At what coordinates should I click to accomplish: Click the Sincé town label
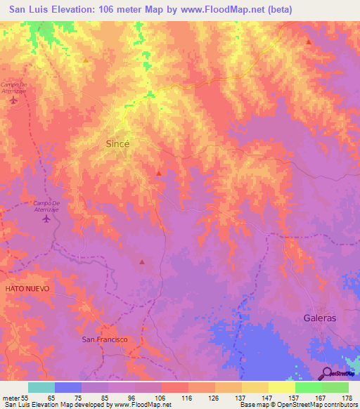pyautogui.click(x=117, y=143)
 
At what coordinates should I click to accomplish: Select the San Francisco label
pyautogui.click(x=105, y=339)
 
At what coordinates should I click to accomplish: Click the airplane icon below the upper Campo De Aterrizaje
pyautogui.click(x=14, y=100)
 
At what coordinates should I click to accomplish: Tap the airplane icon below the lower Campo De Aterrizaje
pyautogui.click(x=47, y=219)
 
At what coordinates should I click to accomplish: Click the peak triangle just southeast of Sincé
pyautogui.click(x=159, y=173)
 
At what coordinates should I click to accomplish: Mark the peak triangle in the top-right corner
pyautogui.click(x=309, y=42)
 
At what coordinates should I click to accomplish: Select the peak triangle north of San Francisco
pyautogui.click(x=142, y=262)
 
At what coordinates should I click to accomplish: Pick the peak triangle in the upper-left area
pyautogui.click(x=86, y=60)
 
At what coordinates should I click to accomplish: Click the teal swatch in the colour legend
pyautogui.click(x=41, y=387)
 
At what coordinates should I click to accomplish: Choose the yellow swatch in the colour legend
pyautogui.click(x=281, y=387)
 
